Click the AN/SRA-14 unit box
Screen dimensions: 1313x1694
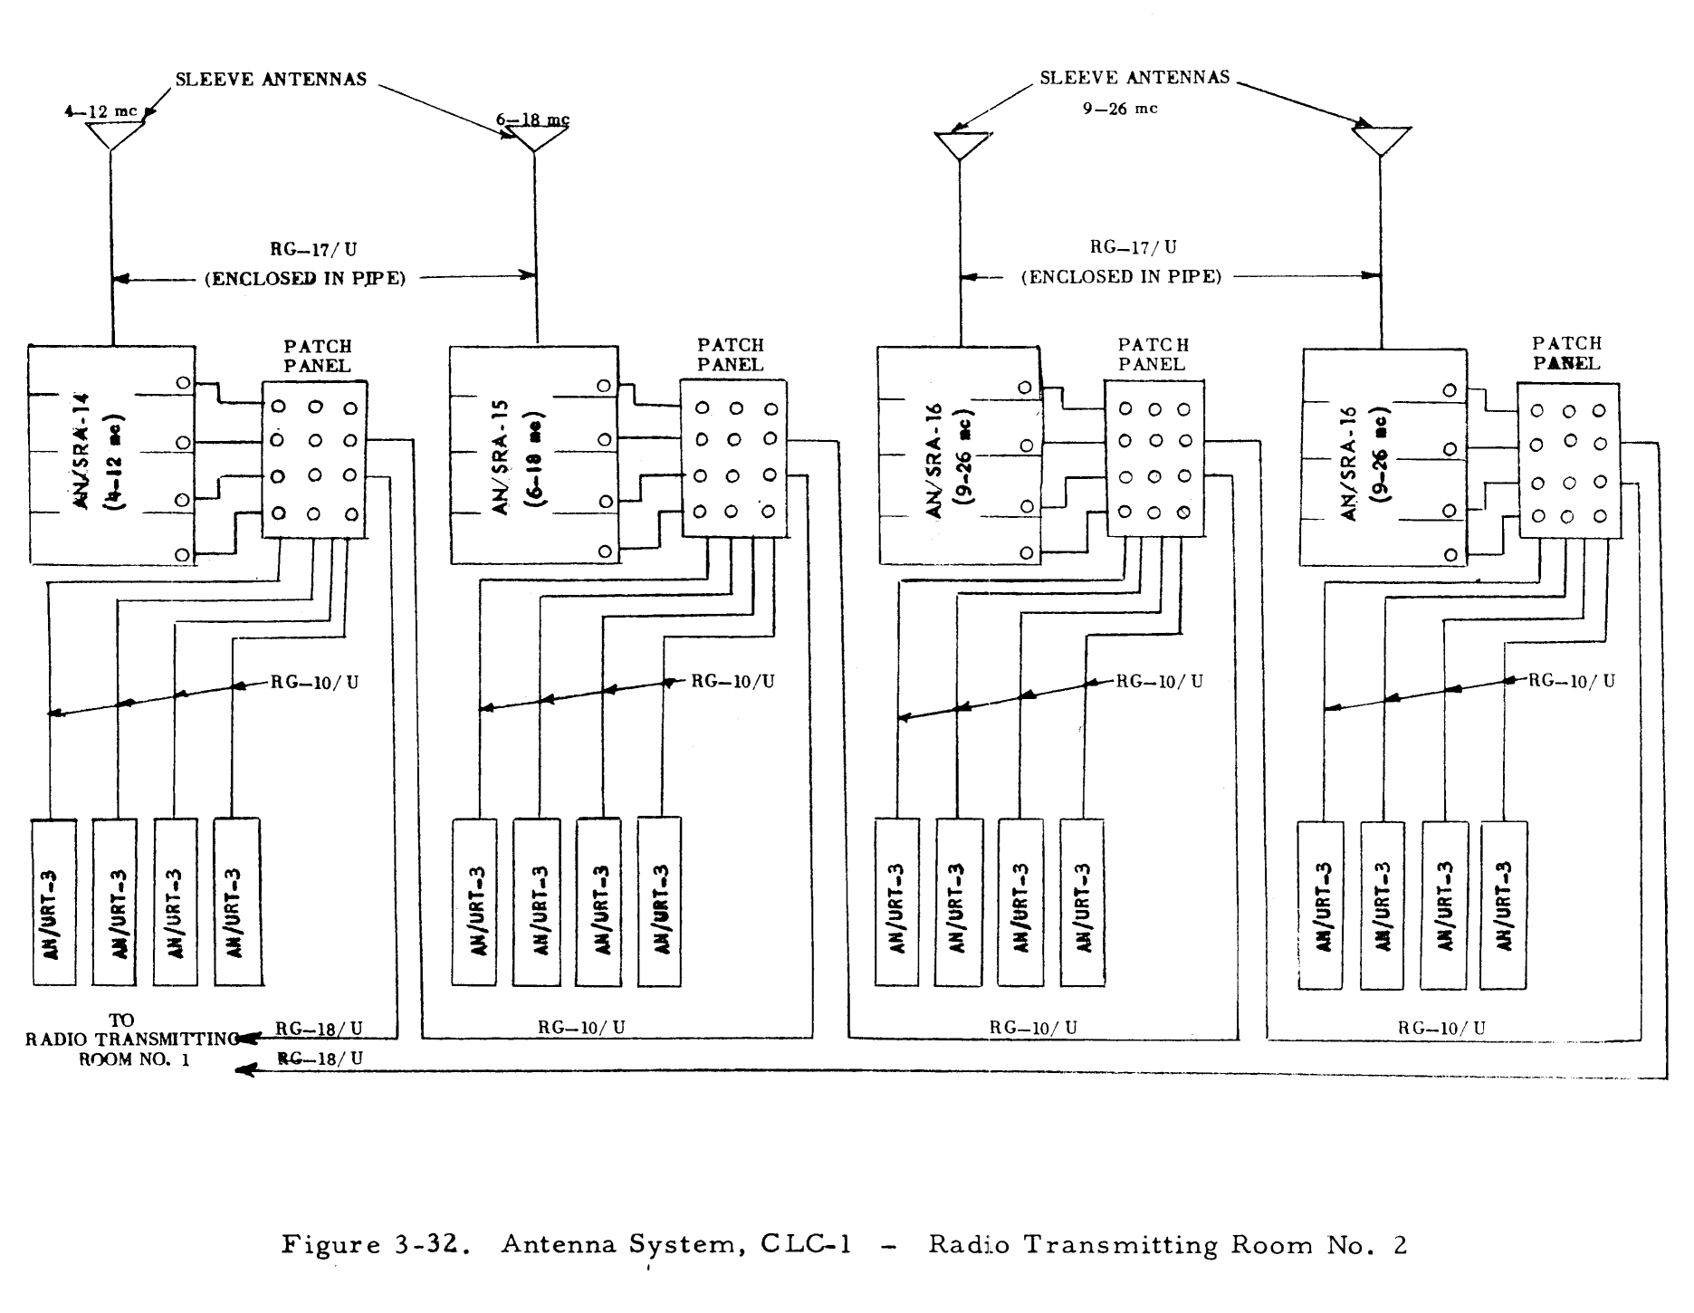(x=111, y=455)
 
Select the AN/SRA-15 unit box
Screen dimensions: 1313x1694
(x=534, y=455)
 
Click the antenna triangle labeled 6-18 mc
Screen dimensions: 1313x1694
(x=536, y=139)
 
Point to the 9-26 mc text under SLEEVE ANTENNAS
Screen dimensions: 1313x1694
(x=1120, y=109)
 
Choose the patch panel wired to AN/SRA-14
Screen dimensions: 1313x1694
(x=314, y=460)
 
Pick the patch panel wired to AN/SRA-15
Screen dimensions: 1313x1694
(x=733, y=459)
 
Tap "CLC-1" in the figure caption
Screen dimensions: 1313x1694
(x=806, y=1245)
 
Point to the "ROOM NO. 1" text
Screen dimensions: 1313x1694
(x=134, y=1059)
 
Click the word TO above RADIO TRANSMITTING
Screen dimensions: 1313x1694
(x=121, y=1021)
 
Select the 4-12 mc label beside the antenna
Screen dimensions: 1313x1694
(x=100, y=111)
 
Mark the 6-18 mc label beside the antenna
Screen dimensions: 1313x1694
(x=532, y=120)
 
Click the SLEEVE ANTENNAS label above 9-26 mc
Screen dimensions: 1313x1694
(x=1134, y=78)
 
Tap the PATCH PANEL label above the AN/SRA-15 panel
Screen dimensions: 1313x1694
(x=730, y=355)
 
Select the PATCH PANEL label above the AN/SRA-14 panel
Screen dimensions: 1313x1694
(x=317, y=356)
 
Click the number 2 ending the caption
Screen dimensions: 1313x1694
(x=1401, y=1246)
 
